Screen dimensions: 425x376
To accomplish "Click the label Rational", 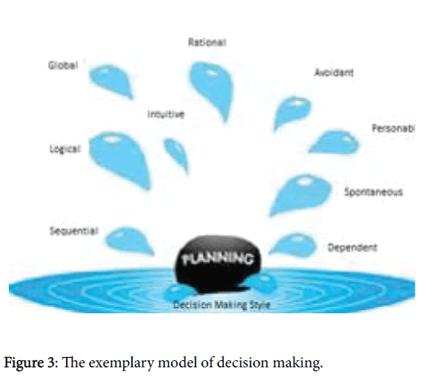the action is tap(207, 42).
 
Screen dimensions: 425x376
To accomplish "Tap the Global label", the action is tap(63, 65).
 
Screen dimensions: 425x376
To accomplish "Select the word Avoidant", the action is tap(334, 72).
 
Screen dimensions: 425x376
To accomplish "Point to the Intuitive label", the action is tap(166, 114).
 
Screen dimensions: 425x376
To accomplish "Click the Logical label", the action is tap(65, 149).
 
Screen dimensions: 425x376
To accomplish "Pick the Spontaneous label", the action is tap(373, 192).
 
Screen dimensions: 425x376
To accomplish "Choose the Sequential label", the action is tap(74, 231).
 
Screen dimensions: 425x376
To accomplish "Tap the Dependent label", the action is tap(353, 248).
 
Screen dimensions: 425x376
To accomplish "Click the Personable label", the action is tap(393, 128).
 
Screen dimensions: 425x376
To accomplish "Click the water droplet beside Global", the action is tap(111, 80).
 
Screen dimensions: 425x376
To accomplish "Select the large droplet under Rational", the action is tap(212, 88).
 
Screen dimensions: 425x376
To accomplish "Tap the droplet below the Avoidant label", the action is tap(291, 112).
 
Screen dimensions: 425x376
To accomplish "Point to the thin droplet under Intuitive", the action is tap(176, 153).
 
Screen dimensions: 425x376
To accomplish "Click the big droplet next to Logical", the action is tap(119, 158).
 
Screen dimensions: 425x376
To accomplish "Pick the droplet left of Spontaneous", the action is tap(299, 193).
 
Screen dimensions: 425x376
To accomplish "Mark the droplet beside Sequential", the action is tap(127, 240).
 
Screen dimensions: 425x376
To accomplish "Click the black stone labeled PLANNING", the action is tap(217, 263).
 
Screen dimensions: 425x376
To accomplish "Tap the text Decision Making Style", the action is tap(222, 304).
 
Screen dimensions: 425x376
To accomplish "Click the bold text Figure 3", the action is tap(29, 362).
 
